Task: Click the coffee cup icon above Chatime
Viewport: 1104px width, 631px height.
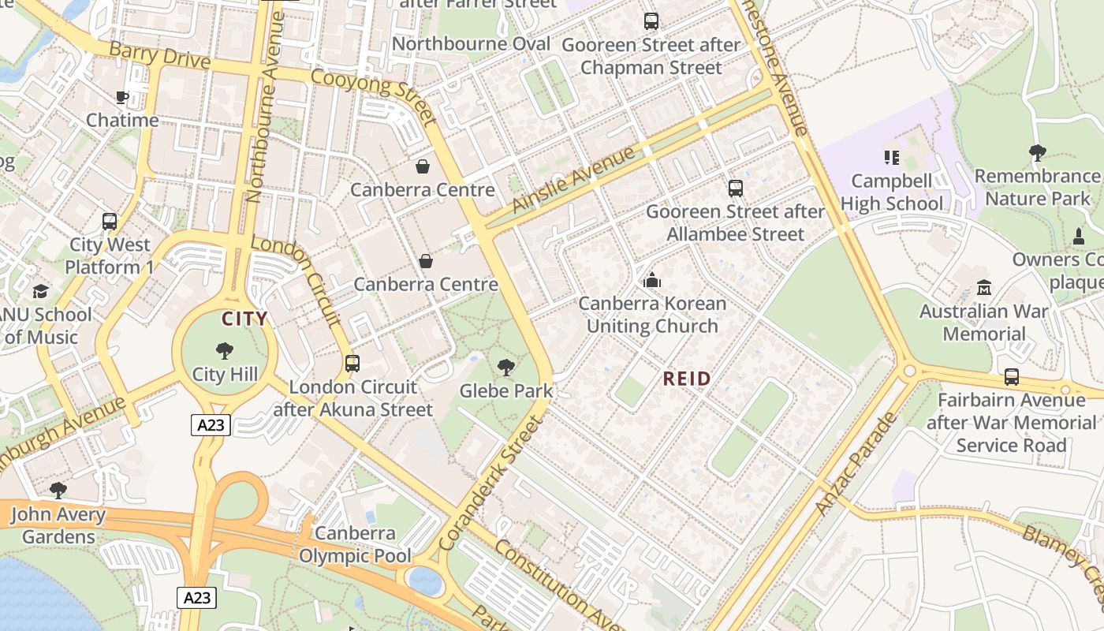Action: click(122, 98)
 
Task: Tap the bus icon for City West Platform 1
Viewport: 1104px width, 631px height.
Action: click(110, 222)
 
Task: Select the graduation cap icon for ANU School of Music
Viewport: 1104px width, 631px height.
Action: click(40, 292)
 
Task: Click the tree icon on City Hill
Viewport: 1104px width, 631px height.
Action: click(225, 351)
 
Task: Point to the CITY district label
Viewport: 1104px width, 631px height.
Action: click(244, 319)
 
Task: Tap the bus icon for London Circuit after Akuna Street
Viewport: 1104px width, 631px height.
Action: click(352, 364)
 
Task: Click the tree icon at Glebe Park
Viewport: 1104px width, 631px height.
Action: click(506, 367)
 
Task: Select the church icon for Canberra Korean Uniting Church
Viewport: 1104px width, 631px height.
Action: click(652, 280)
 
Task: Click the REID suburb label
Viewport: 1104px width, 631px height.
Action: click(687, 379)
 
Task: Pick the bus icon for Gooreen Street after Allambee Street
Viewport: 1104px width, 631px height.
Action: click(735, 189)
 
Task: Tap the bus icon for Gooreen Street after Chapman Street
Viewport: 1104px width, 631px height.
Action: click(651, 21)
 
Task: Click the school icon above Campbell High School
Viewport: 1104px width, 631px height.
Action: click(892, 158)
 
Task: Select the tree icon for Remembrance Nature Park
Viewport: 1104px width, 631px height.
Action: click(1038, 152)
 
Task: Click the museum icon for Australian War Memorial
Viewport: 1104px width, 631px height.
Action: click(983, 288)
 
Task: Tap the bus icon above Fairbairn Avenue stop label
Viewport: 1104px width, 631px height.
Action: click(1012, 377)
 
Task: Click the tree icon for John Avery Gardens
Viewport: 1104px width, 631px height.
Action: click(58, 491)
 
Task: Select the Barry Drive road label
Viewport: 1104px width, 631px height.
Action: click(159, 56)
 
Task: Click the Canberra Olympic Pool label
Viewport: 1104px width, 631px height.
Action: click(355, 545)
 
